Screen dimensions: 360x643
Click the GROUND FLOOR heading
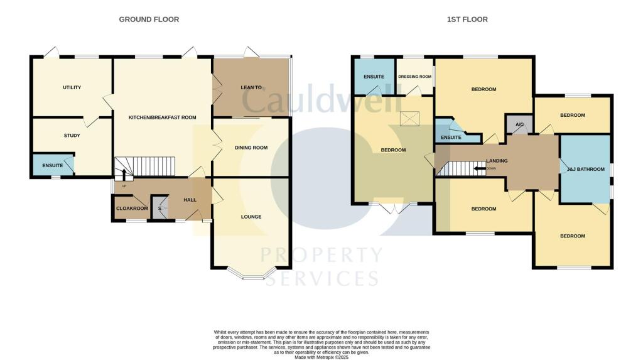pos(149,19)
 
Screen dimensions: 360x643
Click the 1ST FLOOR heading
pos(467,19)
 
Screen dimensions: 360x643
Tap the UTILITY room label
pos(72,87)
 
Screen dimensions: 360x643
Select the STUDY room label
pos(72,135)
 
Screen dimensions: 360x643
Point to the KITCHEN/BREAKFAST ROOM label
pos(162,117)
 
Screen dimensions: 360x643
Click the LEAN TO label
pos(251,87)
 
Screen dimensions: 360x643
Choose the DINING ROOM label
pos(251,148)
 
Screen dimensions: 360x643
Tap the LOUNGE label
pos(251,217)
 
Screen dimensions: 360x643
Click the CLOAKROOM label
pos(132,209)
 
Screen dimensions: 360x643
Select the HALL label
pos(190,200)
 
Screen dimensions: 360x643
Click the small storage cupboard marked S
pos(160,208)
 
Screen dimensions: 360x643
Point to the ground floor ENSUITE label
pos(53,166)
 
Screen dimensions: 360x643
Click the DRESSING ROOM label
pos(414,78)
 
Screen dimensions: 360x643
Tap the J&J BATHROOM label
pos(585,169)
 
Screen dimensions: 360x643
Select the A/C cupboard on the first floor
pos(519,124)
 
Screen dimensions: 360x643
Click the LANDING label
pos(496,161)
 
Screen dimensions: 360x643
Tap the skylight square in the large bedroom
pos(409,117)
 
